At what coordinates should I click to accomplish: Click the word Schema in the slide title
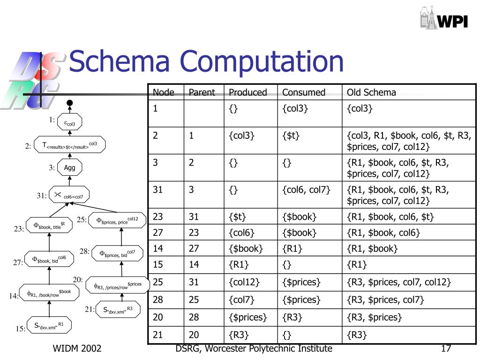pos(119,62)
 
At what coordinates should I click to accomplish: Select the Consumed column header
pos(303,92)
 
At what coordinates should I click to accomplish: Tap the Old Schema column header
pos(371,92)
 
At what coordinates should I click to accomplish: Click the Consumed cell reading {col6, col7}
pos(306,190)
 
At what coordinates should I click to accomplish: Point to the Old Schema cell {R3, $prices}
pos(374,317)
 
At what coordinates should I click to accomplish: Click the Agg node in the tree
pos(69,167)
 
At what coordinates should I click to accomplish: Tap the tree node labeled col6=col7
pos(69,195)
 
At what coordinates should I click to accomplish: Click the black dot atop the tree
pos(69,103)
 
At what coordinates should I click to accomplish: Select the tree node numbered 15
pos(48,326)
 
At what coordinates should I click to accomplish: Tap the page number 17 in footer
pos(446,349)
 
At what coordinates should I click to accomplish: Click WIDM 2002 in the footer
pos(77,349)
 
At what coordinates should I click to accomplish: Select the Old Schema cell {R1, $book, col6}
pos(383,232)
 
